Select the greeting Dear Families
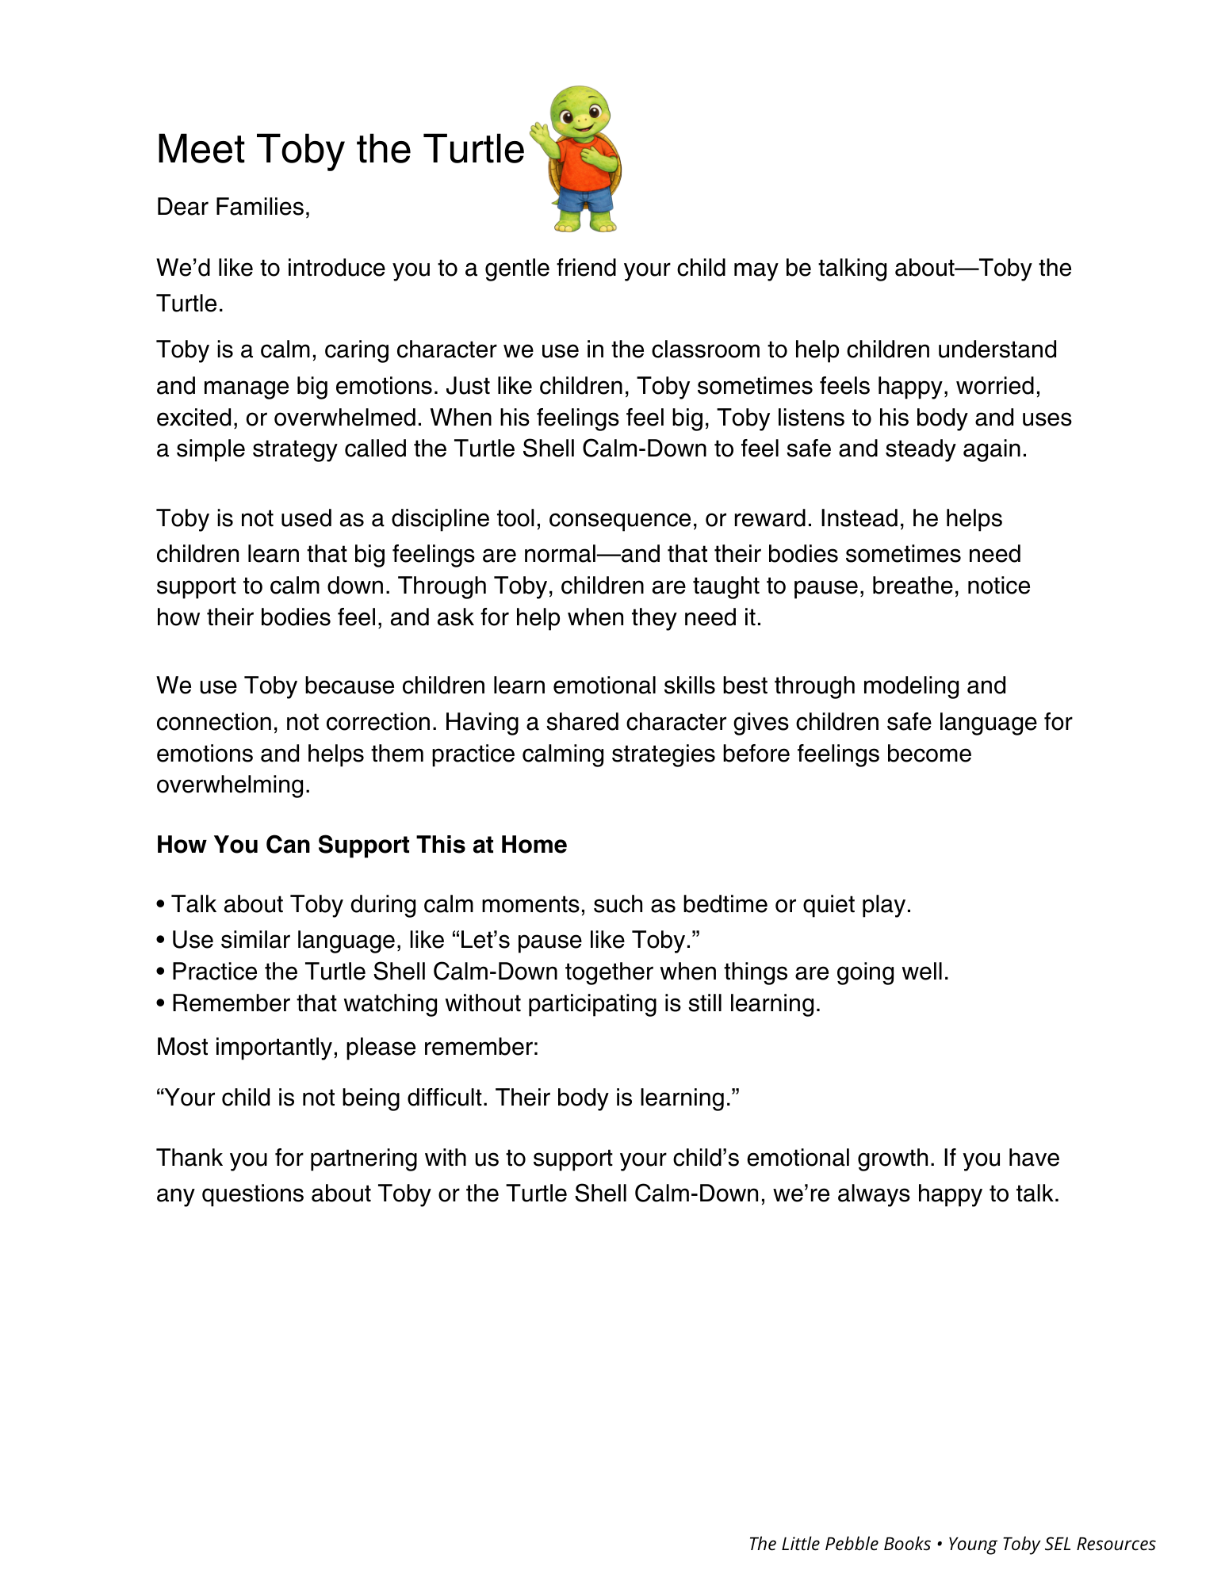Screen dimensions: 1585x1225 coord(232,207)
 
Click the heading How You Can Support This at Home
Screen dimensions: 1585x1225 coord(362,845)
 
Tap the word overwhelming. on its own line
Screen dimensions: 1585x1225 coord(232,785)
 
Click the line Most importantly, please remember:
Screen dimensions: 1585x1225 coord(347,1047)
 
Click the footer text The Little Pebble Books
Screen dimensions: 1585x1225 coord(839,1544)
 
